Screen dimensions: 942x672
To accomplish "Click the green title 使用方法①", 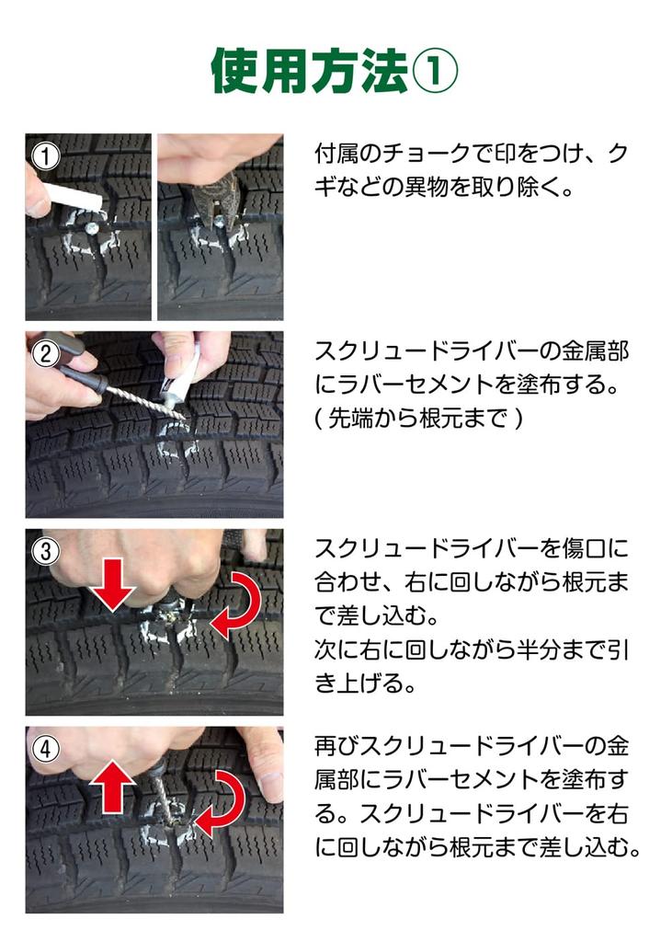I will [x=335, y=70].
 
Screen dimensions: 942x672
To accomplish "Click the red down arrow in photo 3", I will [x=114, y=586].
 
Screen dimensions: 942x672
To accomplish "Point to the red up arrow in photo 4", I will [x=112, y=786].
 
